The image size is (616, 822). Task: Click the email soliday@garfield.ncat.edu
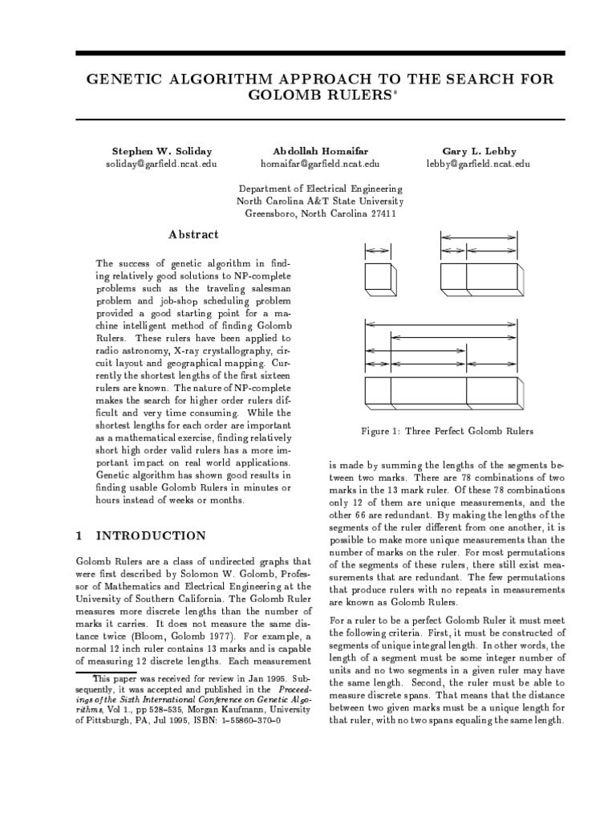pos(161,164)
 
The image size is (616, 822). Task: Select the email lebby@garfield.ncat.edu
pos(478,164)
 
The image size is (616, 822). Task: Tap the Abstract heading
pos(192,234)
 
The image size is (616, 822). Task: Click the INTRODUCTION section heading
pos(151,535)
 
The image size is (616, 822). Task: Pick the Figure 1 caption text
pos(447,431)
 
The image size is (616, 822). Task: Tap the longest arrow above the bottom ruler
pos(441,324)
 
